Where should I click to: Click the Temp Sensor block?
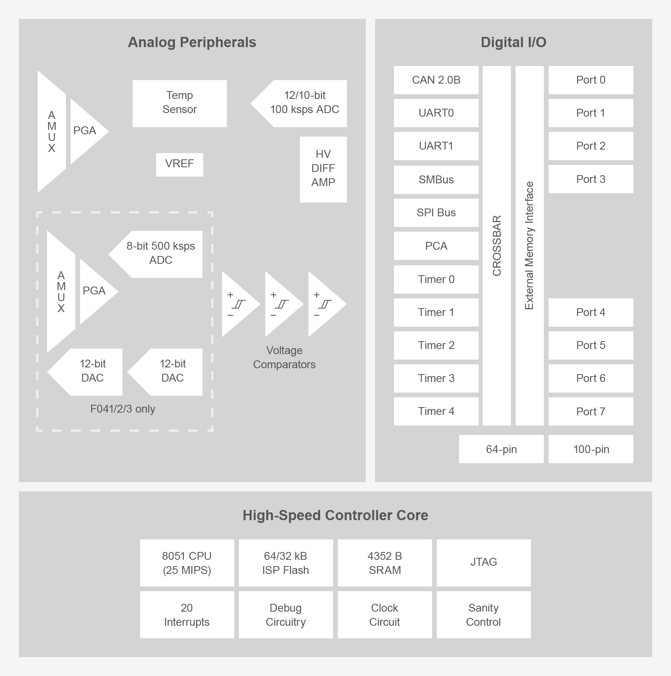(179, 103)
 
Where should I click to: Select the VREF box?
(179, 164)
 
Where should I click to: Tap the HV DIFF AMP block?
(323, 169)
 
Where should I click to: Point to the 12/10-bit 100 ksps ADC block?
(304, 103)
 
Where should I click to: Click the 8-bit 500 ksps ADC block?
(160, 254)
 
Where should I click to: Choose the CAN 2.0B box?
(436, 80)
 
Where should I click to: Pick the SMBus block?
(436, 179)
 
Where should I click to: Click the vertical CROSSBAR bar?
(496, 245)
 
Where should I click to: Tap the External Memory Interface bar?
(529, 245)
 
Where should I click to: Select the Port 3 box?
(591, 179)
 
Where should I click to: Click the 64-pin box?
(501, 449)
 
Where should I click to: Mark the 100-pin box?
(591, 449)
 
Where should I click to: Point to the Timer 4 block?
(436, 411)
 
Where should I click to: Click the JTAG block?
(483, 562)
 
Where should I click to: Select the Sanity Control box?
(483, 615)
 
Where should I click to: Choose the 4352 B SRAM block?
(385, 563)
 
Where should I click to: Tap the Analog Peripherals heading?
(192, 42)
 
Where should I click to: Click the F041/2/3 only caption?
(123, 409)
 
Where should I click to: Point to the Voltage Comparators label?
(284, 357)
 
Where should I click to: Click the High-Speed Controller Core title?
(335, 515)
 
